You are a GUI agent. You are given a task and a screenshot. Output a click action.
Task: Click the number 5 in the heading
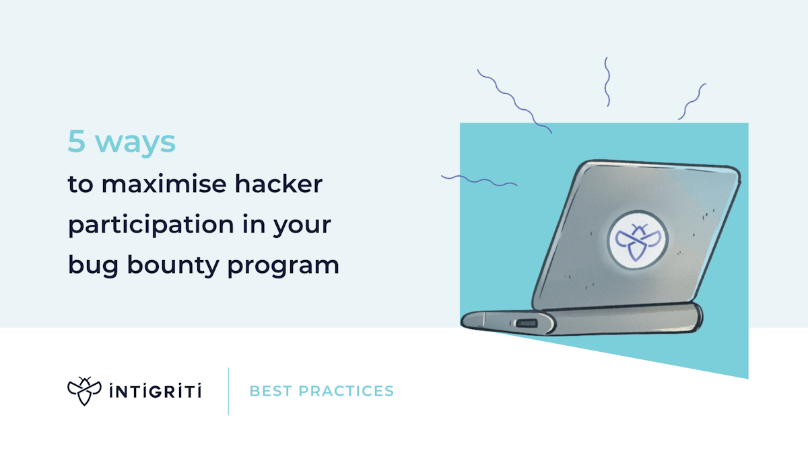(x=77, y=142)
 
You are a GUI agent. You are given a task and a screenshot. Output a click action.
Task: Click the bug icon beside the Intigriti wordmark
(x=83, y=391)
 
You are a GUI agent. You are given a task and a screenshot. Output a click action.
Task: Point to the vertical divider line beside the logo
(x=228, y=391)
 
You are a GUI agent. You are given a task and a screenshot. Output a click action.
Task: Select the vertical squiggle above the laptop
(x=607, y=82)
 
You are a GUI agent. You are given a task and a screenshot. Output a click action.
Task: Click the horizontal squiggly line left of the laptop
(x=479, y=180)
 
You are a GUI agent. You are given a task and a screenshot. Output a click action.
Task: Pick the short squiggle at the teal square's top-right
(x=692, y=101)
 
